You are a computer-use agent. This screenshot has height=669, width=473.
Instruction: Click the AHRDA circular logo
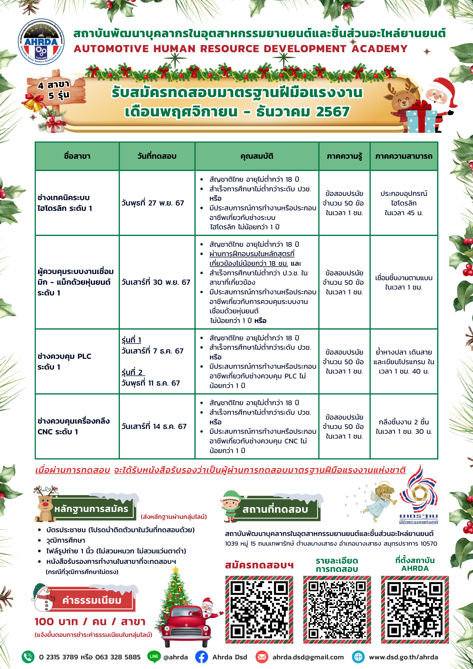[41, 42]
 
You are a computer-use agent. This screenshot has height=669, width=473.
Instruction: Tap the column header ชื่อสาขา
[77, 156]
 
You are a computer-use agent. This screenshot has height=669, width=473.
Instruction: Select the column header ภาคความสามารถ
[404, 156]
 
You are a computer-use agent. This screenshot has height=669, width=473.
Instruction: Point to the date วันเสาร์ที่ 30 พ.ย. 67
[156, 282]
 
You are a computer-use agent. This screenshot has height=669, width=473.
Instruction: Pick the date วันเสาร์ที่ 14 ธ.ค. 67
[154, 426]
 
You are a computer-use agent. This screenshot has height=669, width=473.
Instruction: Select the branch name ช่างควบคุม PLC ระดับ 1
[64, 361]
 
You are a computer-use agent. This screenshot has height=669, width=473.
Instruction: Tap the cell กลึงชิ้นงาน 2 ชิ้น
[404, 422]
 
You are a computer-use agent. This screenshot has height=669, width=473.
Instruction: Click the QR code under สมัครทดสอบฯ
[259, 610]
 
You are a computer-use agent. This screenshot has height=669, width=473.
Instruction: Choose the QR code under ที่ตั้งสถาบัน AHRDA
[415, 610]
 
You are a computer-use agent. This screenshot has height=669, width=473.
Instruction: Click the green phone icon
[28, 657]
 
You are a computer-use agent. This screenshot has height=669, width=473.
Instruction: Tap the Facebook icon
[201, 657]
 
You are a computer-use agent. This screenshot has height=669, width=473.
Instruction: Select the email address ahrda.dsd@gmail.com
[308, 657]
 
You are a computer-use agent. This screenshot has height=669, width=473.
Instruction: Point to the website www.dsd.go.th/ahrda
[403, 657]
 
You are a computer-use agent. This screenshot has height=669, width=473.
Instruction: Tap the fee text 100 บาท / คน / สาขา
[90, 622]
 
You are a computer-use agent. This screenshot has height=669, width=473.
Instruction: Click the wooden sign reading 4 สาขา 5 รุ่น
[56, 90]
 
